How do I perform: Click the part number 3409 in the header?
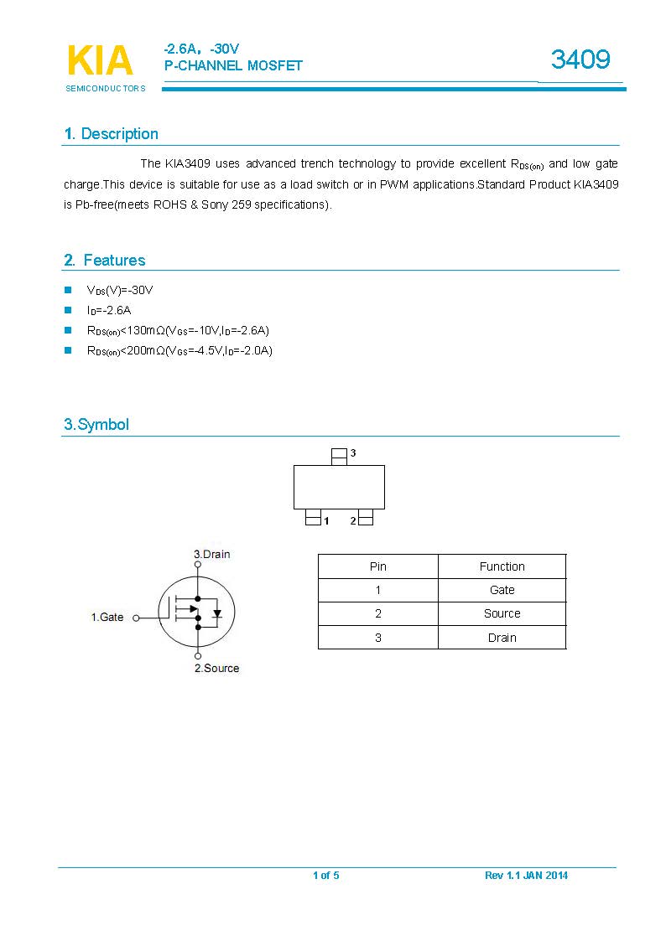(580, 59)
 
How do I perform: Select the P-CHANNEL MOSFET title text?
(233, 65)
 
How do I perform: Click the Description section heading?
(112, 134)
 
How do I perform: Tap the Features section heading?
(105, 261)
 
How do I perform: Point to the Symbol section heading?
(96, 425)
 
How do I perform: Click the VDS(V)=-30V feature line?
(120, 290)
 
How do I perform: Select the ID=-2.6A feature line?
(109, 310)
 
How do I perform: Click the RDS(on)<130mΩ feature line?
(178, 330)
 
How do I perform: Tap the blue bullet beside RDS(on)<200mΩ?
(68, 350)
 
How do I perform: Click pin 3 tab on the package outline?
(339, 456)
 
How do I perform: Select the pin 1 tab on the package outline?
(314, 520)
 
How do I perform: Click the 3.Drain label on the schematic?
(211, 554)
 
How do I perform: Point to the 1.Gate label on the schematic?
(107, 618)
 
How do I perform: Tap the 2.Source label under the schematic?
(216, 668)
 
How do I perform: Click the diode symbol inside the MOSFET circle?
(217, 613)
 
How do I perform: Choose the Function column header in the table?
(502, 566)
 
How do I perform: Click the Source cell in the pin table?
(502, 613)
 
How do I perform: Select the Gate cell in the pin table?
(502, 590)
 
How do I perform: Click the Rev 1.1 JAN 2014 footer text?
(526, 876)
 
